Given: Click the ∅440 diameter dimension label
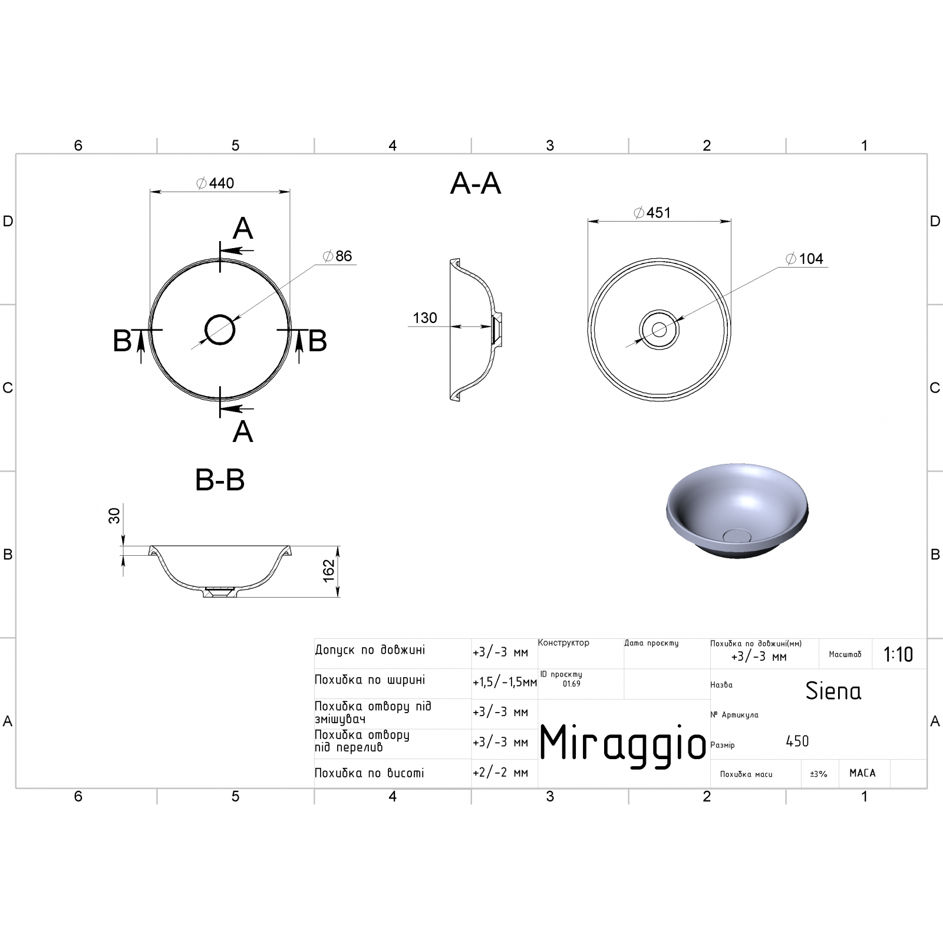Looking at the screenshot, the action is click(215, 183).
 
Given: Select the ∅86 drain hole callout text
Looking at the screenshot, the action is click(338, 256).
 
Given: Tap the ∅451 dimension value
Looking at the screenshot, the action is click(652, 213).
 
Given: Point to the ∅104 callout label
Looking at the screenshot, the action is click(804, 259).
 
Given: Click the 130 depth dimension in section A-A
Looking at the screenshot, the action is click(425, 318).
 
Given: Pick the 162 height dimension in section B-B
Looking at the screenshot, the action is click(329, 570).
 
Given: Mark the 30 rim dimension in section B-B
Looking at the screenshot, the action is click(114, 516).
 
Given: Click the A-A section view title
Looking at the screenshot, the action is click(476, 184).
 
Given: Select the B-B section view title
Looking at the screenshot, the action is click(220, 480).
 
